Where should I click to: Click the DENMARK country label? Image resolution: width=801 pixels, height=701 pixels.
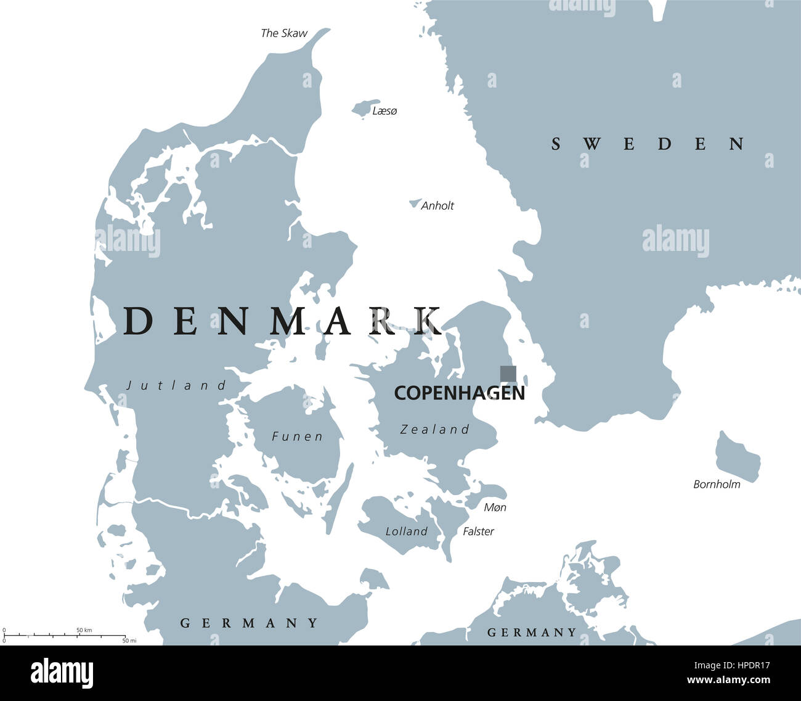point(282,321)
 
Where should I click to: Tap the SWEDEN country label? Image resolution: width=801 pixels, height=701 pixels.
point(648,144)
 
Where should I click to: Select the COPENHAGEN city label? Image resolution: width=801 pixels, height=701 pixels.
point(459,393)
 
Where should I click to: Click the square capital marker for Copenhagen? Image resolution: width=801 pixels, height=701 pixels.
point(508,374)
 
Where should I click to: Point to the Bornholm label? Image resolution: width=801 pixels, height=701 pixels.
point(717,485)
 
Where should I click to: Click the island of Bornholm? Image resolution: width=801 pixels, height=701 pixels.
point(736,457)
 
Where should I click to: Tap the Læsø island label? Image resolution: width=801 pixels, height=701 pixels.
point(384,111)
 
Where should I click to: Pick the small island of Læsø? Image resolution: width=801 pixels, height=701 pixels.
point(365,108)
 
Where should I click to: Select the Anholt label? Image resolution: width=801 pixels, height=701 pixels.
point(437,206)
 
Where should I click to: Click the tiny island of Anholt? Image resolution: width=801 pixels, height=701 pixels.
point(415,203)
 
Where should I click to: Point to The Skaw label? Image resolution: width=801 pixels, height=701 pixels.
point(283,33)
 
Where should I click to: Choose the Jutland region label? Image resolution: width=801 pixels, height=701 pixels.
point(177,386)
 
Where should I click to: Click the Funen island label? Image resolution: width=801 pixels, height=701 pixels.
point(297,437)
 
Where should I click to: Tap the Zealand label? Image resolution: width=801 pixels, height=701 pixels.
point(434,430)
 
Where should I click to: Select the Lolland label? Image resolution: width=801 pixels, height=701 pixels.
point(406,531)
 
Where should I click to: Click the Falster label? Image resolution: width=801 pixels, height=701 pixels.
point(478,531)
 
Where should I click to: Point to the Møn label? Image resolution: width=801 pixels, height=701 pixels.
point(495,507)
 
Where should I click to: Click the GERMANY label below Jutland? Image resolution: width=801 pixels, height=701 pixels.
point(250,623)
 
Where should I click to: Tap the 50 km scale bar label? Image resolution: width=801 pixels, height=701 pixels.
point(84,629)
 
